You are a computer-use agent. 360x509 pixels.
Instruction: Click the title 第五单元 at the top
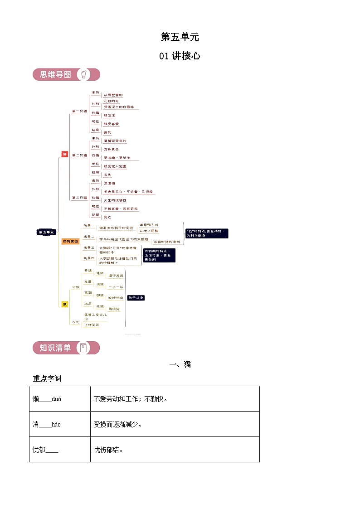coord(180,37)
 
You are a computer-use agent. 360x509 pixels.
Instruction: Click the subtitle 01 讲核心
coord(180,56)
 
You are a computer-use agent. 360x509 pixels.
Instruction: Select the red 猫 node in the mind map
coord(64,155)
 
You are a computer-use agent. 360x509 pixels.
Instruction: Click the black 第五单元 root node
coord(46,232)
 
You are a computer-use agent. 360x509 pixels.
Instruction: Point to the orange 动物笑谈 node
coord(70,242)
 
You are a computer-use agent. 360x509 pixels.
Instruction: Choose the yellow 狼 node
coord(65,304)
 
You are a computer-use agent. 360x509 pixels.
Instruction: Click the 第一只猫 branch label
coord(79,111)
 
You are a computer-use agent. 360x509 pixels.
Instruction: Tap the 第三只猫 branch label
coord(79,198)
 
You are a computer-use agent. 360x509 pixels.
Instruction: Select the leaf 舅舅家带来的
coord(115,141)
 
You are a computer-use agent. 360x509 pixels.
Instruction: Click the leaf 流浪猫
coord(109,183)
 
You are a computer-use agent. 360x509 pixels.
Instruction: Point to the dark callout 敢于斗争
coord(136,298)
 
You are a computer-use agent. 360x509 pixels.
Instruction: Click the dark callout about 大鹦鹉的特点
coord(159,255)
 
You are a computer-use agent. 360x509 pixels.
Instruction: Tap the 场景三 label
coord(89,248)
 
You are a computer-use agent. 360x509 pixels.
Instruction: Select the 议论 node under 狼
coord(76,322)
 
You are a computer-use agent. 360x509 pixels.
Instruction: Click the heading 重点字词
coord(47,378)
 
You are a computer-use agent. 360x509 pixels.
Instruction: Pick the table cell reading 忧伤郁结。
coord(175,450)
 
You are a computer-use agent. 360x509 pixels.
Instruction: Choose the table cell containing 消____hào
coord(59,425)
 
